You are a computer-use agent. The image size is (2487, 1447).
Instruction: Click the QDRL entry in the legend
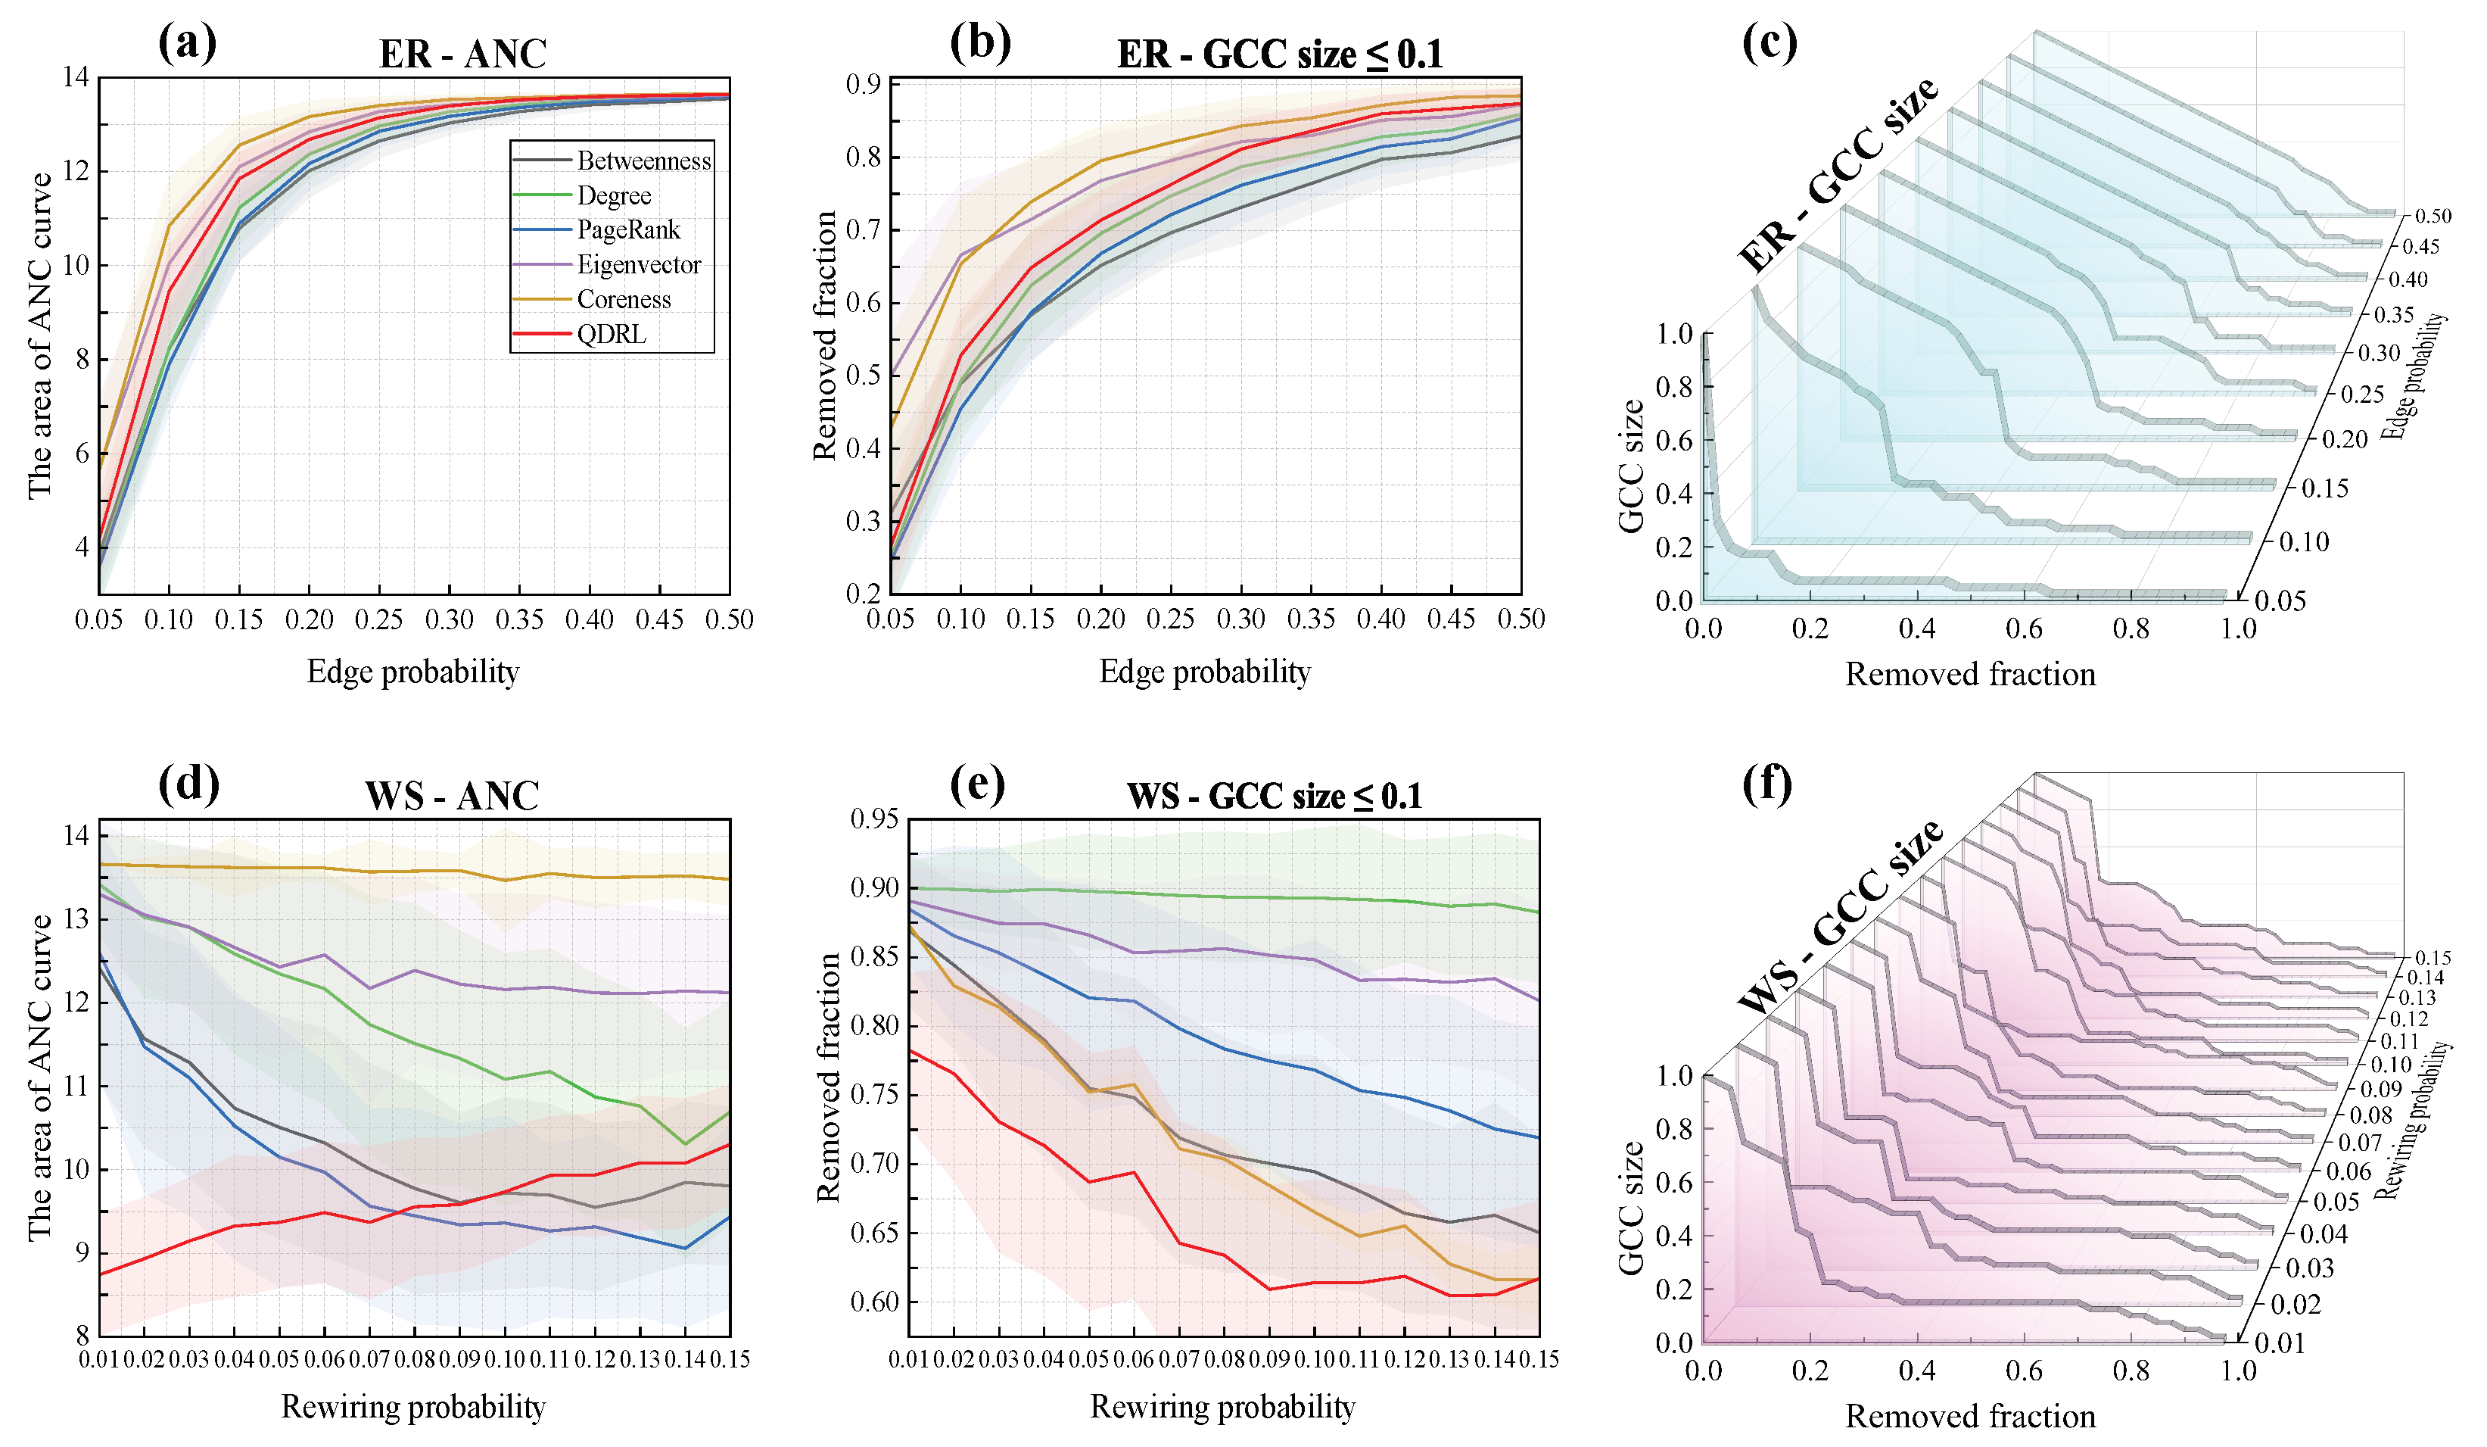coord(612,335)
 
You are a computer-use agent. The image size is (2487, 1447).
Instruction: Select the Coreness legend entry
coord(624,300)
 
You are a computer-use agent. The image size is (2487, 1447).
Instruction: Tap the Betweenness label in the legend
coord(643,161)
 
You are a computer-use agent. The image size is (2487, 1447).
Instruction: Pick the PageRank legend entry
coord(629,231)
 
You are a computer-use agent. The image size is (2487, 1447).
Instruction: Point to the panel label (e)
coord(977,784)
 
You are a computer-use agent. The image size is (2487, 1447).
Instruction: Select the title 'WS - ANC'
coord(452,796)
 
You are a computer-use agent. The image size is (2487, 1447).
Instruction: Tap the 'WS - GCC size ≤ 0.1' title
coord(1274,796)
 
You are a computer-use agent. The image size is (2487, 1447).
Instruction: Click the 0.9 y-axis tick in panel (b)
coord(863,85)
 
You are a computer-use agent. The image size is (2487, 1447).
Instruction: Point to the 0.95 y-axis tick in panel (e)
coord(874,819)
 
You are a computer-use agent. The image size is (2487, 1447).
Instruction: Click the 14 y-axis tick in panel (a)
coord(75,77)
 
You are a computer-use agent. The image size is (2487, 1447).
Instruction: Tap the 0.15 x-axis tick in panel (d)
coord(730,1360)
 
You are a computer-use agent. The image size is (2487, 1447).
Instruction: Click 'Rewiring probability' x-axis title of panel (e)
coord(1222,1407)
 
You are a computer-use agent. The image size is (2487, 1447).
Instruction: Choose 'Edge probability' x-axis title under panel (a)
coord(412,672)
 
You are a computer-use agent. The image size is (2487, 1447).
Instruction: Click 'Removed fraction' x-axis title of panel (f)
coord(1970,1417)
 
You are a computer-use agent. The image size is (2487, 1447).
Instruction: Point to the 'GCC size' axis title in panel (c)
coord(1630,466)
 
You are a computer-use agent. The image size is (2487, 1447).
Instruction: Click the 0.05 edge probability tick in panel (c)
coord(2280,600)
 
